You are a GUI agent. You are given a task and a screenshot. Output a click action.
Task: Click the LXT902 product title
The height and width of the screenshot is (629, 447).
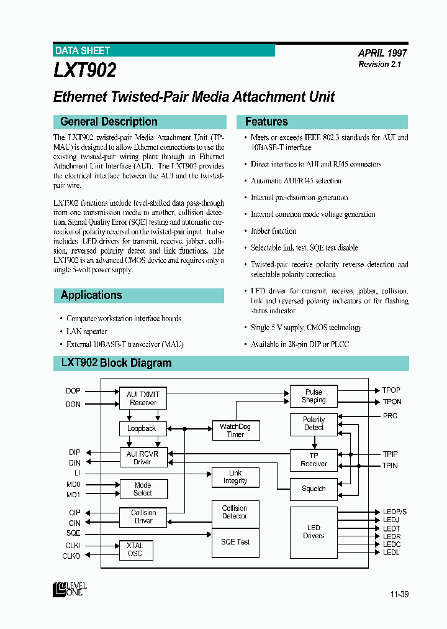tap(85, 71)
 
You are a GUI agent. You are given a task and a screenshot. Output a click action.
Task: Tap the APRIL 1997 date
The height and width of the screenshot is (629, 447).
tap(382, 53)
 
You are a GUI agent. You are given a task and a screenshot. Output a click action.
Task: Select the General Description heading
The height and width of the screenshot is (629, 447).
tap(109, 122)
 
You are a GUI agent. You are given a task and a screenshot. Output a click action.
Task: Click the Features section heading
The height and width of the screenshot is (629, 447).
tap(266, 122)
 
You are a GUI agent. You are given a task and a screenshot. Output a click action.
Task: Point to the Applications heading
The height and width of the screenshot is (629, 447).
tap(91, 295)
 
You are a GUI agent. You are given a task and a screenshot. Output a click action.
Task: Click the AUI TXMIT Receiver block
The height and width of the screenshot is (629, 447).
tap(143, 398)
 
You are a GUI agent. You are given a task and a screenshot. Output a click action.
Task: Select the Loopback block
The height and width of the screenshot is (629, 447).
tap(142, 428)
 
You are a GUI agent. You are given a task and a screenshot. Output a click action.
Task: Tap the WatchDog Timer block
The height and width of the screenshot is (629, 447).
tap(235, 431)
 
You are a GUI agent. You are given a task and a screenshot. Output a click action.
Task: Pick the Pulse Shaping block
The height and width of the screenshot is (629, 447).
tap(314, 396)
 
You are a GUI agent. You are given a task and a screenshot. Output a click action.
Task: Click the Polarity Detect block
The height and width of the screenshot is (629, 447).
tap(314, 424)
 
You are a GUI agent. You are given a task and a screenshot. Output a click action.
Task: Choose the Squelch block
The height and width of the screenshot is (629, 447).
tap(314, 489)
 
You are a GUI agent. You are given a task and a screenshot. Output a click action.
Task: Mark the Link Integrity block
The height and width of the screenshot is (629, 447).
tap(235, 477)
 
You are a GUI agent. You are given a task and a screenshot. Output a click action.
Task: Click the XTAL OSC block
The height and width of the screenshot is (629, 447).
tap(135, 549)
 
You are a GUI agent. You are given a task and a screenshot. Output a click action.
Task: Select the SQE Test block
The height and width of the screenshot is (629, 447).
tap(235, 542)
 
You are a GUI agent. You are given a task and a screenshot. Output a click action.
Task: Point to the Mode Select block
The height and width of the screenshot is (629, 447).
tap(143, 489)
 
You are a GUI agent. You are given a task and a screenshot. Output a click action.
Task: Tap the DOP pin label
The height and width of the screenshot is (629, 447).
tap(73, 391)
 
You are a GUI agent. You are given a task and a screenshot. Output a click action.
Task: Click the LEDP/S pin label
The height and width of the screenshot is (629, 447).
tap(395, 512)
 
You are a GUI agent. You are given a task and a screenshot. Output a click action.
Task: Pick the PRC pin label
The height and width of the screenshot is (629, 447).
tap(390, 416)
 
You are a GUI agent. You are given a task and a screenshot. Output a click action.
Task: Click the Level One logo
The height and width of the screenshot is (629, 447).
tap(70, 589)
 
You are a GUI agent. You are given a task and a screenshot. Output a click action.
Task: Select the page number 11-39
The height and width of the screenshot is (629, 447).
tap(399, 595)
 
